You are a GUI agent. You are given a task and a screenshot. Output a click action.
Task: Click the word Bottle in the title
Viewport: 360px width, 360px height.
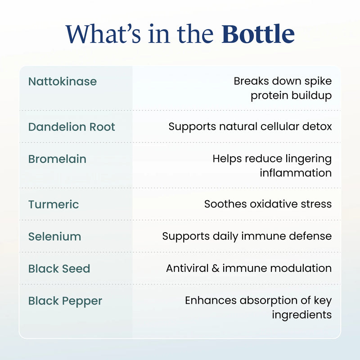(x=258, y=34)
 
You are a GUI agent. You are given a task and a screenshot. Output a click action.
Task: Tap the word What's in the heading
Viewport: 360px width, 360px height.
(x=103, y=34)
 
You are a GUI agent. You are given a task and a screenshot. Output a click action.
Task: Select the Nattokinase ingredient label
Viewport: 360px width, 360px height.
(x=63, y=81)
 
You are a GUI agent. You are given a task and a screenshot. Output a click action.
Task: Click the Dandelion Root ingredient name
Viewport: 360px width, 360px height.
(x=72, y=127)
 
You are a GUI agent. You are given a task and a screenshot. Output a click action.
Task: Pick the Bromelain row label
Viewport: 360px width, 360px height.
(x=57, y=159)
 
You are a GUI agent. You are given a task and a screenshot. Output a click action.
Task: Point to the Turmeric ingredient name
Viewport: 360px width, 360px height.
(x=54, y=204)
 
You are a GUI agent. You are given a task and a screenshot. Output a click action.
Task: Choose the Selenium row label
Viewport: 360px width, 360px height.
(x=54, y=237)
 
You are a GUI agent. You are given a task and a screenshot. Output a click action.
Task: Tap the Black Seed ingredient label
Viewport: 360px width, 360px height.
(x=59, y=269)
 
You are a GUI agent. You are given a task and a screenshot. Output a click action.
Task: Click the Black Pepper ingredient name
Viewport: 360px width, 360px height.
(x=65, y=301)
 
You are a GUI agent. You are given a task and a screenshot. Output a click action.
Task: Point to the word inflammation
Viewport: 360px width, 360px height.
(x=296, y=173)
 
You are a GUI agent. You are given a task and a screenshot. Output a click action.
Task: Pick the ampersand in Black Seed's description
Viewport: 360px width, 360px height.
(x=216, y=268)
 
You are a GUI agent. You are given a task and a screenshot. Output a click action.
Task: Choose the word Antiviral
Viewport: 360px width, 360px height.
(x=187, y=268)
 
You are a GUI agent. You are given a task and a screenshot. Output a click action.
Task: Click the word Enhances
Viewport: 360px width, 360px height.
(x=211, y=300)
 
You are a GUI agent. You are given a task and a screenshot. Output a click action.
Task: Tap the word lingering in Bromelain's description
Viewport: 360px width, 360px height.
(x=309, y=159)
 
